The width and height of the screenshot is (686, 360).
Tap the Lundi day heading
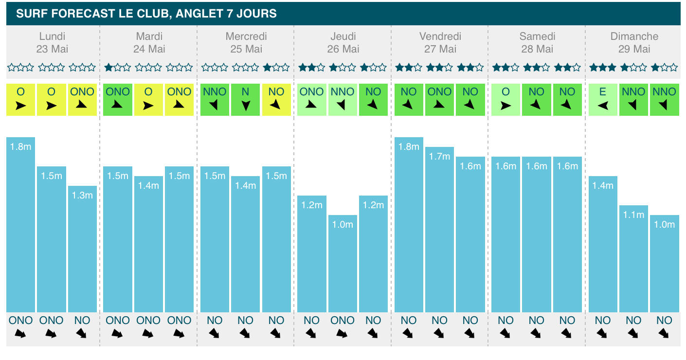pos(52,36)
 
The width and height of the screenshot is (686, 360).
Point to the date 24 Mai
pos(149,49)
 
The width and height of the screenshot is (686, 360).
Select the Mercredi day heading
pos(246,36)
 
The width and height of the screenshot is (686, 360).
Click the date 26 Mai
pos(343,49)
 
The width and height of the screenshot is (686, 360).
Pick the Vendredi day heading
pos(440,36)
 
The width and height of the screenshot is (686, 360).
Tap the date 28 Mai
pos(537,49)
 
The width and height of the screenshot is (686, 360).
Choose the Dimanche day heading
pos(634,36)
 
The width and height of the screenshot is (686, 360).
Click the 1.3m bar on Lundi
pos(82,249)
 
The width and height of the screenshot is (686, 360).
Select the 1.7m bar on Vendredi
pos(440,229)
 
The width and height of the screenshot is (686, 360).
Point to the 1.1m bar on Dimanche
pos(634,258)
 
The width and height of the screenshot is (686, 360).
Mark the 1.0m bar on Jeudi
pos(343,263)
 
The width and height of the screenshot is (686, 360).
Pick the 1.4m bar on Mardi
pos(149,244)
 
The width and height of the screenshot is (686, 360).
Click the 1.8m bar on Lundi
pos(20,224)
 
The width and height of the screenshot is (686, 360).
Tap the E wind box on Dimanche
pos(603,100)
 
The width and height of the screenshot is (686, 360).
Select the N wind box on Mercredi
pos(246,100)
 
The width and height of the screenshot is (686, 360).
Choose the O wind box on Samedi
pos(505,100)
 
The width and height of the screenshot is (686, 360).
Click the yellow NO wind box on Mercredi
pos(276,100)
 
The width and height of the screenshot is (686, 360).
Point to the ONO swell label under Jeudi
pos(343,321)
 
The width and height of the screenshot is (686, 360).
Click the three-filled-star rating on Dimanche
pos(602,68)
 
